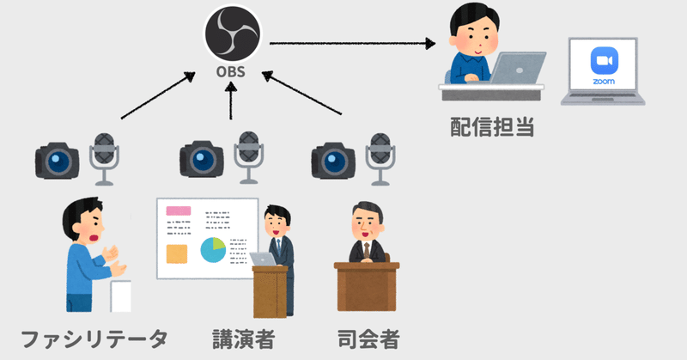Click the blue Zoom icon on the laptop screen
tap(604, 62)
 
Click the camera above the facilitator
tap(58, 159)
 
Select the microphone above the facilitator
tap(104, 157)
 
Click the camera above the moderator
tap(332, 159)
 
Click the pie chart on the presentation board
tap(213, 250)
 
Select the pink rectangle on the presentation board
tap(178, 211)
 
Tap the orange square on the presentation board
tap(177, 253)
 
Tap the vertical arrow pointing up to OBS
tap(230, 103)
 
